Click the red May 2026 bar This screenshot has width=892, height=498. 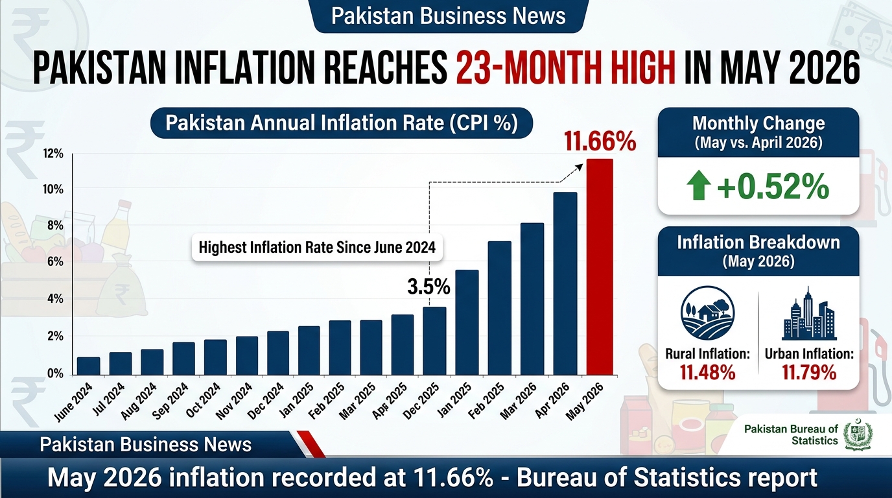[x=600, y=267]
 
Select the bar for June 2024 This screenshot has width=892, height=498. [x=88, y=366]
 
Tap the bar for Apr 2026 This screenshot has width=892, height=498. [x=565, y=283]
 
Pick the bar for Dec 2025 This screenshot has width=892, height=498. [x=434, y=341]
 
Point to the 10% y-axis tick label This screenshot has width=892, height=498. [x=53, y=189]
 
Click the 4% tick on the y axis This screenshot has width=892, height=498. [x=55, y=299]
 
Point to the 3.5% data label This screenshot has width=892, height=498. [x=428, y=287]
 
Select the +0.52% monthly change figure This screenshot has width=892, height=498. [x=773, y=187]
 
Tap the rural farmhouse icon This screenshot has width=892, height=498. [x=707, y=313]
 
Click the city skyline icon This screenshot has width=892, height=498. [x=809, y=313]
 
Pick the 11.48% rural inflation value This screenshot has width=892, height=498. [x=707, y=372]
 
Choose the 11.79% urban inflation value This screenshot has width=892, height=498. [x=809, y=372]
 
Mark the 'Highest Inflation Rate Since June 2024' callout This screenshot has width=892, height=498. [x=317, y=248]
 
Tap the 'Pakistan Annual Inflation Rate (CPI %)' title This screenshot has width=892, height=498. [x=341, y=123]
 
